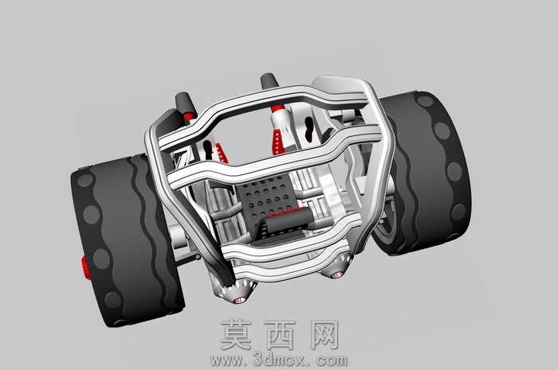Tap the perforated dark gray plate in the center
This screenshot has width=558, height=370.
268,199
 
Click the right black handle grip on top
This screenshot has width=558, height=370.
269,82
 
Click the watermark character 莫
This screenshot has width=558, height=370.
236,334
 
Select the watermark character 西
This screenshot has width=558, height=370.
280,334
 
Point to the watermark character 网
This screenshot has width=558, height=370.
324,334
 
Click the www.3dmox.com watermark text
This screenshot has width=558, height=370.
279,360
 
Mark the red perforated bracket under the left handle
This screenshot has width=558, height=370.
222,153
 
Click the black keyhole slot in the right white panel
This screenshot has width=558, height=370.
309,128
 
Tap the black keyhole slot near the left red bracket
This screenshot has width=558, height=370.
207,150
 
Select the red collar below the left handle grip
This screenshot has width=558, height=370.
190,116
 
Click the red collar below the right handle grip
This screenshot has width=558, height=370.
277,107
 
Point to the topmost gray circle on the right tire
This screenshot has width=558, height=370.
425,100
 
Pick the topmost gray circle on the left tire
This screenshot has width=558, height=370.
85,180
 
